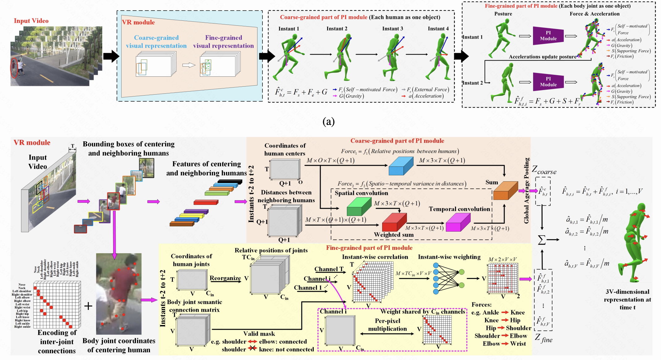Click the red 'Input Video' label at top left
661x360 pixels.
tap(31, 21)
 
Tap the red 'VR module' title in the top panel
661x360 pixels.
tap(138, 22)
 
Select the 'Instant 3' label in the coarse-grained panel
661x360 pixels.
tap(392, 29)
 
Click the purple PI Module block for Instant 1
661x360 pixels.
tap(548, 36)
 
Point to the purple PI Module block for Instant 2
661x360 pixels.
tap(548, 82)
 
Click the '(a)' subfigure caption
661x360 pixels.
tap(328, 122)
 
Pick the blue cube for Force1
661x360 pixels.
tap(401, 166)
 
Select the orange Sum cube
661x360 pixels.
tap(505, 191)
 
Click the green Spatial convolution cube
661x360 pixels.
tap(359, 207)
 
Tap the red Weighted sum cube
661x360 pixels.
tap(394, 222)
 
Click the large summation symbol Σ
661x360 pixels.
tap(542, 240)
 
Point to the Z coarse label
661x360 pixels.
tap(544, 170)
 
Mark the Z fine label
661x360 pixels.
tap(544, 338)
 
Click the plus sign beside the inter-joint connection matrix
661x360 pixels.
tap(88, 306)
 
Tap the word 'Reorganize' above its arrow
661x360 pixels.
tap(225, 278)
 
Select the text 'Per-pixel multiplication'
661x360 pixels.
tap(387, 325)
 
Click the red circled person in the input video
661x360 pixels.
tap(14, 67)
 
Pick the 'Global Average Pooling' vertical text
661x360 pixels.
tap(527, 191)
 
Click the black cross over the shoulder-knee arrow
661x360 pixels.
tap(253, 348)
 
